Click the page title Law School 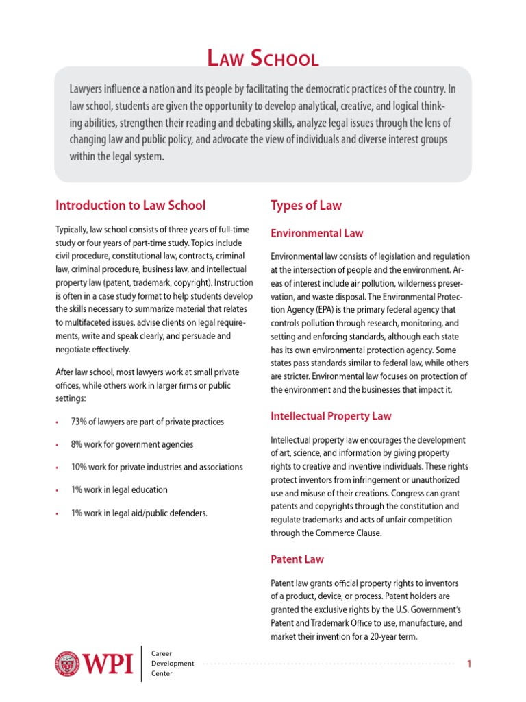pyautogui.click(x=263, y=59)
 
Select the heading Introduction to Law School pyautogui.click(x=130, y=205)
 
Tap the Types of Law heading pyautogui.click(x=305, y=205)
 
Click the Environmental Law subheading pyautogui.click(x=316, y=233)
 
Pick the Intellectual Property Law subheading pyautogui.click(x=331, y=416)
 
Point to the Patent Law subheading pyautogui.click(x=297, y=559)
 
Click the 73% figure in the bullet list pyautogui.click(x=79, y=422)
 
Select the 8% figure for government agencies pyautogui.click(x=77, y=444)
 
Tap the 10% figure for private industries pyautogui.click(x=79, y=467)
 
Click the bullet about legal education pyautogui.click(x=119, y=490)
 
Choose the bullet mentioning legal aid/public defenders pyautogui.click(x=139, y=513)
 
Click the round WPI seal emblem pyautogui.click(x=67, y=664)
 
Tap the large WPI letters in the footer pyautogui.click(x=108, y=664)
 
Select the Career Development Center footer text pyautogui.click(x=172, y=664)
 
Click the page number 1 pyautogui.click(x=469, y=664)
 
